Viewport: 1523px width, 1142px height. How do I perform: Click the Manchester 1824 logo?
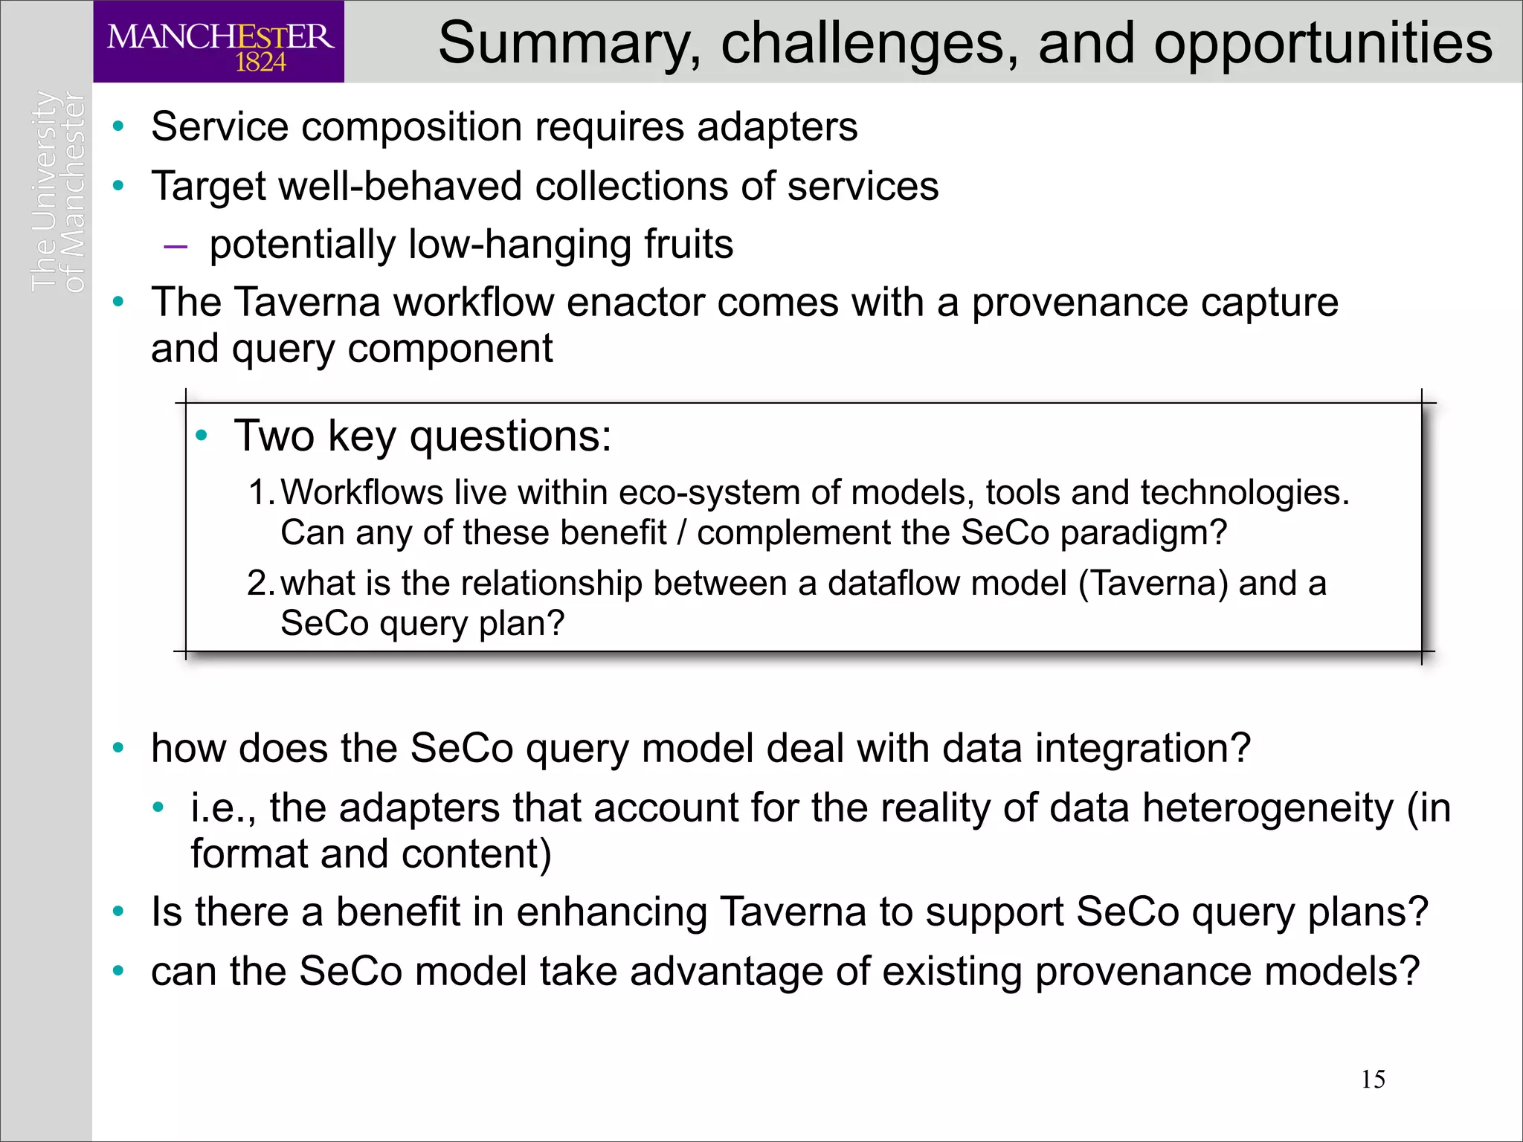pyautogui.click(x=219, y=42)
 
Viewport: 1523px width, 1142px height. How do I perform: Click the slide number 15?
pyautogui.click(x=1373, y=1079)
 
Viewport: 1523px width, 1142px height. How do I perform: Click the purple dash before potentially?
pyautogui.click(x=176, y=246)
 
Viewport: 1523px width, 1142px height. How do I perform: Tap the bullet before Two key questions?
pyautogui.click(x=201, y=436)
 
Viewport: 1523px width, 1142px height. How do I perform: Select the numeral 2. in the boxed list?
pyautogui.click(x=261, y=583)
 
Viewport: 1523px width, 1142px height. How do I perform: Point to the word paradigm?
pyautogui.click(x=1143, y=533)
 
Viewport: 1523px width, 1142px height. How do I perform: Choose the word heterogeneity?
pyautogui.click(x=1268, y=808)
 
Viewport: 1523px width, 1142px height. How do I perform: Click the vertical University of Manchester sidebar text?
pyautogui.click(x=58, y=191)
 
